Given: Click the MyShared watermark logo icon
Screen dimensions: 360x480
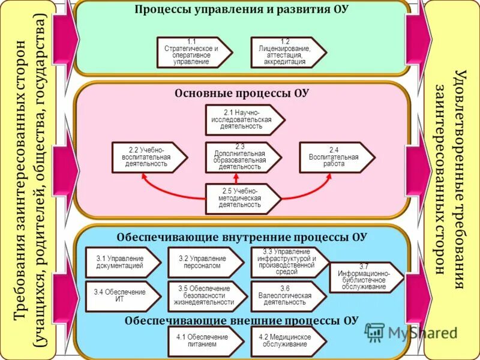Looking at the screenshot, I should pyautogui.click(x=374, y=332).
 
